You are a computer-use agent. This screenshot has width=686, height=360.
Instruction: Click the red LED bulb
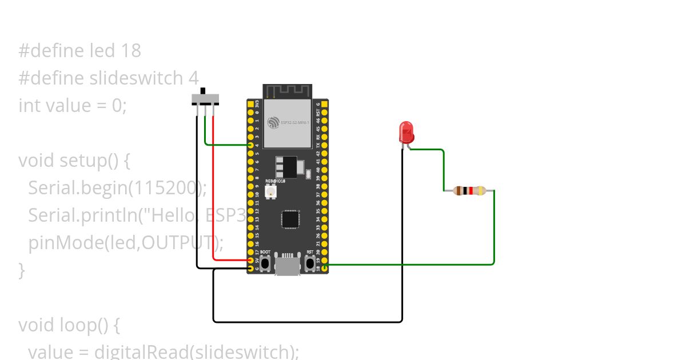pos(406,132)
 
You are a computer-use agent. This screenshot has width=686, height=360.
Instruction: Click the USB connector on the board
pos(288,266)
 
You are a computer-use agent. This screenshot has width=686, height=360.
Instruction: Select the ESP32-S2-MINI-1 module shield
pos(287,123)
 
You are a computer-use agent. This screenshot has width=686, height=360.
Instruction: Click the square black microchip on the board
pos(290,219)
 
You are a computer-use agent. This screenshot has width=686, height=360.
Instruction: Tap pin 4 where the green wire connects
pos(250,145)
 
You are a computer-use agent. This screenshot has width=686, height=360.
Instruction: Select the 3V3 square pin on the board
pos(250,105)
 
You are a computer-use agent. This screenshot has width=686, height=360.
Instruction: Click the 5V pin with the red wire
pos(250,260)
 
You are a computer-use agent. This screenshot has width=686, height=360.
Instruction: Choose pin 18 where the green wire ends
pos(325,266)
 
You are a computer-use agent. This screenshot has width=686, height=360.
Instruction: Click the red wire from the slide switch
pos(213,189)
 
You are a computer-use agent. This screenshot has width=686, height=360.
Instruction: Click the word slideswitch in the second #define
pos(137,78)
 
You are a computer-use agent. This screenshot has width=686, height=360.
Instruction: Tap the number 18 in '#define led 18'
pos(131,51)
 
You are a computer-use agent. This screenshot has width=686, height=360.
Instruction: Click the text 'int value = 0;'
pos(73,106)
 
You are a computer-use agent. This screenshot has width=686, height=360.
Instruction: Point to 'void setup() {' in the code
pos(74,161)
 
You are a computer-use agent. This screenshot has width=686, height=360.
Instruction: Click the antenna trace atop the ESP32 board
pos(287,91)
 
